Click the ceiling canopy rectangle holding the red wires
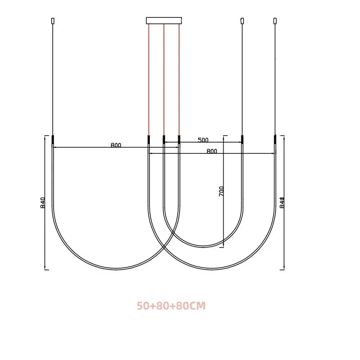(x=164, y=20)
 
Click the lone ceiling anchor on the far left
(x=53, y=21)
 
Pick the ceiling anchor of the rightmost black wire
(x=275, y=21)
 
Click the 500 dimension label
(x=203, y=140)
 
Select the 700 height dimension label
(x=221, y=191)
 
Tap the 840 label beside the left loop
(x=43, y=202)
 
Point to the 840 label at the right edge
(x=282, y=202)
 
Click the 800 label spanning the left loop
(x=116, y=145)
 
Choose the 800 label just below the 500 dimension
(x=211, y=151)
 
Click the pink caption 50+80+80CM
(x=171, y=306)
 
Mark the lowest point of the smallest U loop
(x=203, y=247)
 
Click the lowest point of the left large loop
(x=116, y=269)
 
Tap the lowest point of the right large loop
(x=211, y=269)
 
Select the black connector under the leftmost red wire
(x=148, y=139)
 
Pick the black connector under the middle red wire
(x=164, y=139)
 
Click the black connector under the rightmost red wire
(x=179, y=139)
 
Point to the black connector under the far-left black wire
(x=53, y=139)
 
